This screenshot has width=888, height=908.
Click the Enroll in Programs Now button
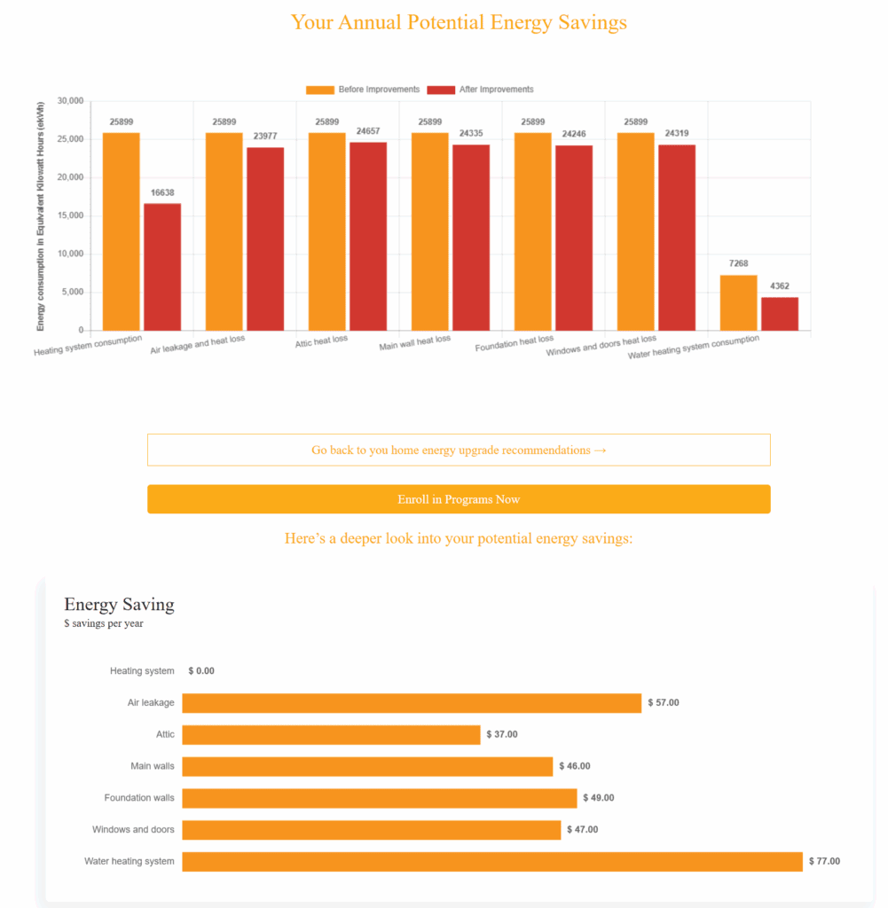pyautogui.click(x=459, y=499)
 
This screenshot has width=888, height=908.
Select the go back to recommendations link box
pyautogui.click(x=459, y=450)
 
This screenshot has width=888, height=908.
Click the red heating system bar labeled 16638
pyautogui.click(x=162, y=267)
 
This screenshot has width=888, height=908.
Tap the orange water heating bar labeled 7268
pyautogui.click(x=738, y=303)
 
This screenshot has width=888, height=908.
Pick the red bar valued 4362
pyautogui.click(x=780, y=314)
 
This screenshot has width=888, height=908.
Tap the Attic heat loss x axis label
pyautogui.click(x=322, y=340)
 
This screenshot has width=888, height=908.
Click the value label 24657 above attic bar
pyautogui.click(x=368, y=131)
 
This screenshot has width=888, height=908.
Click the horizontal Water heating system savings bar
pyautogui.click(x=491, y=861)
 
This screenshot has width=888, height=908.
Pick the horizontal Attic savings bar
pyautogui.click(x=331, y=734)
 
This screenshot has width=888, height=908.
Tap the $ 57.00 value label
pyautogui.click(x=664, y=702)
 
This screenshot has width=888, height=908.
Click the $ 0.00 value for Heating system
pyautogui.click(x=201, y=671)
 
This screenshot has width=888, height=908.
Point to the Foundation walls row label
pyautogui.click(x=139, y=798)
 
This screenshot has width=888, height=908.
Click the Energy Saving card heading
pyautogui.click(x=119, y=605)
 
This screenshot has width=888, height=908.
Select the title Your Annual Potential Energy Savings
pyautogui.click(x=459, y=22)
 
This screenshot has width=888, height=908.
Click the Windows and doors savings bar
pyautogui.click(x=371, y=830)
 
